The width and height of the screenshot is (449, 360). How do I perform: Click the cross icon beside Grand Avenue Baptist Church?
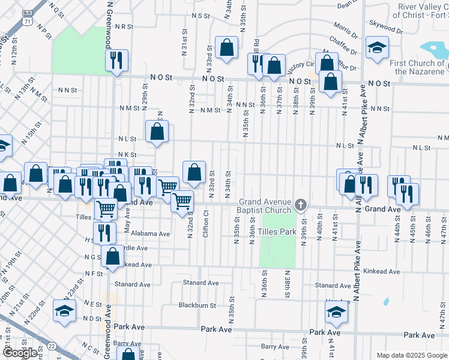pos(301,206)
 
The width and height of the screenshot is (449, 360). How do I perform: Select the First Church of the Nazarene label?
pos(417,67)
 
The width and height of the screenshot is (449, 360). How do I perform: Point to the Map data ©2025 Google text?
pos(411,355)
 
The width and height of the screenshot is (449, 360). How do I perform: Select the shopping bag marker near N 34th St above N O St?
pos(227,48)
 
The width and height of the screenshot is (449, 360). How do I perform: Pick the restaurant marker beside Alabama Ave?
pos(104,232)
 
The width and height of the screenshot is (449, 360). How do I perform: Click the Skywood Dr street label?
pos(385,28)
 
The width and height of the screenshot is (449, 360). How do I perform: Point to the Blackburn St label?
pos(197,305)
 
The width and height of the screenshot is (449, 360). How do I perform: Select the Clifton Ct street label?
pos(206,223)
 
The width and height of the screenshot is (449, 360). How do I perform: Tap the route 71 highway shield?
pos(26,20)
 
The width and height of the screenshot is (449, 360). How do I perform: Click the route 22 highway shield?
pos(52,346)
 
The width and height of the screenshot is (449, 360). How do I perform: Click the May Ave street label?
pos(127,225)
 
